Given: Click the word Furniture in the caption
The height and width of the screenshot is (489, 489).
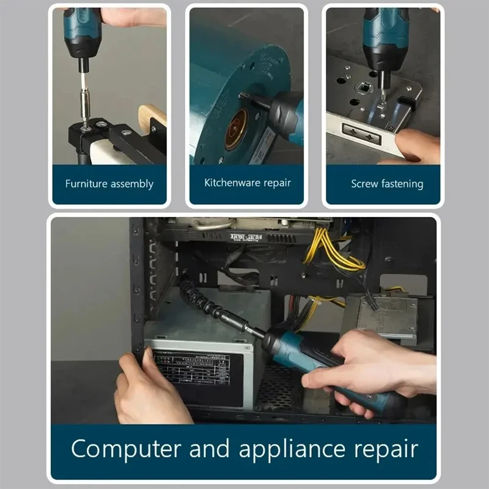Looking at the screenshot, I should coord(87,183).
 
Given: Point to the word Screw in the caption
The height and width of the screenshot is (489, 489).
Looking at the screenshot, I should coord(365,183).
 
